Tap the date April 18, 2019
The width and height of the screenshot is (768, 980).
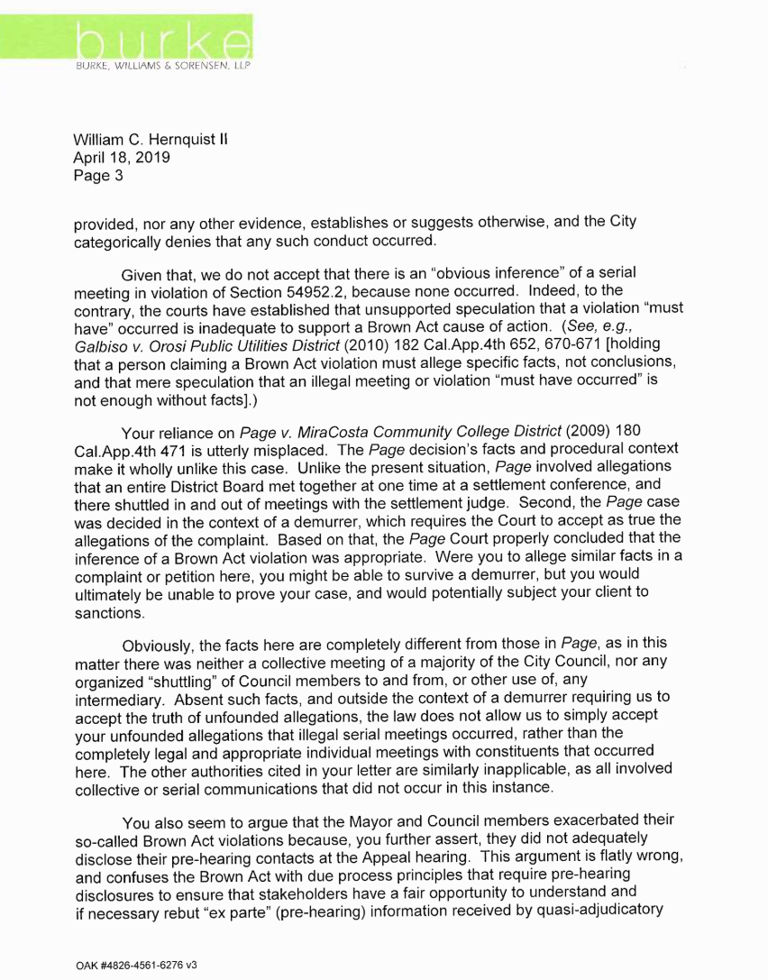click(122, 158)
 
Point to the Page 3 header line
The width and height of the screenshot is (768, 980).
click(97, 175)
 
